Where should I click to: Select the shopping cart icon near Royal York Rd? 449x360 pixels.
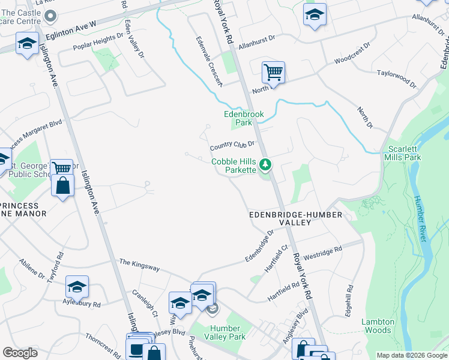(273, 73)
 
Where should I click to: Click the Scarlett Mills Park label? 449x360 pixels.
(405, 153)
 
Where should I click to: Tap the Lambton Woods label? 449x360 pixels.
(378, 326)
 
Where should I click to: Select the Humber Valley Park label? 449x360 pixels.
(225, 332)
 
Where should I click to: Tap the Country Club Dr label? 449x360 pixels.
(233, 146)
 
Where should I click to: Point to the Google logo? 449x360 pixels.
(20, 352)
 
